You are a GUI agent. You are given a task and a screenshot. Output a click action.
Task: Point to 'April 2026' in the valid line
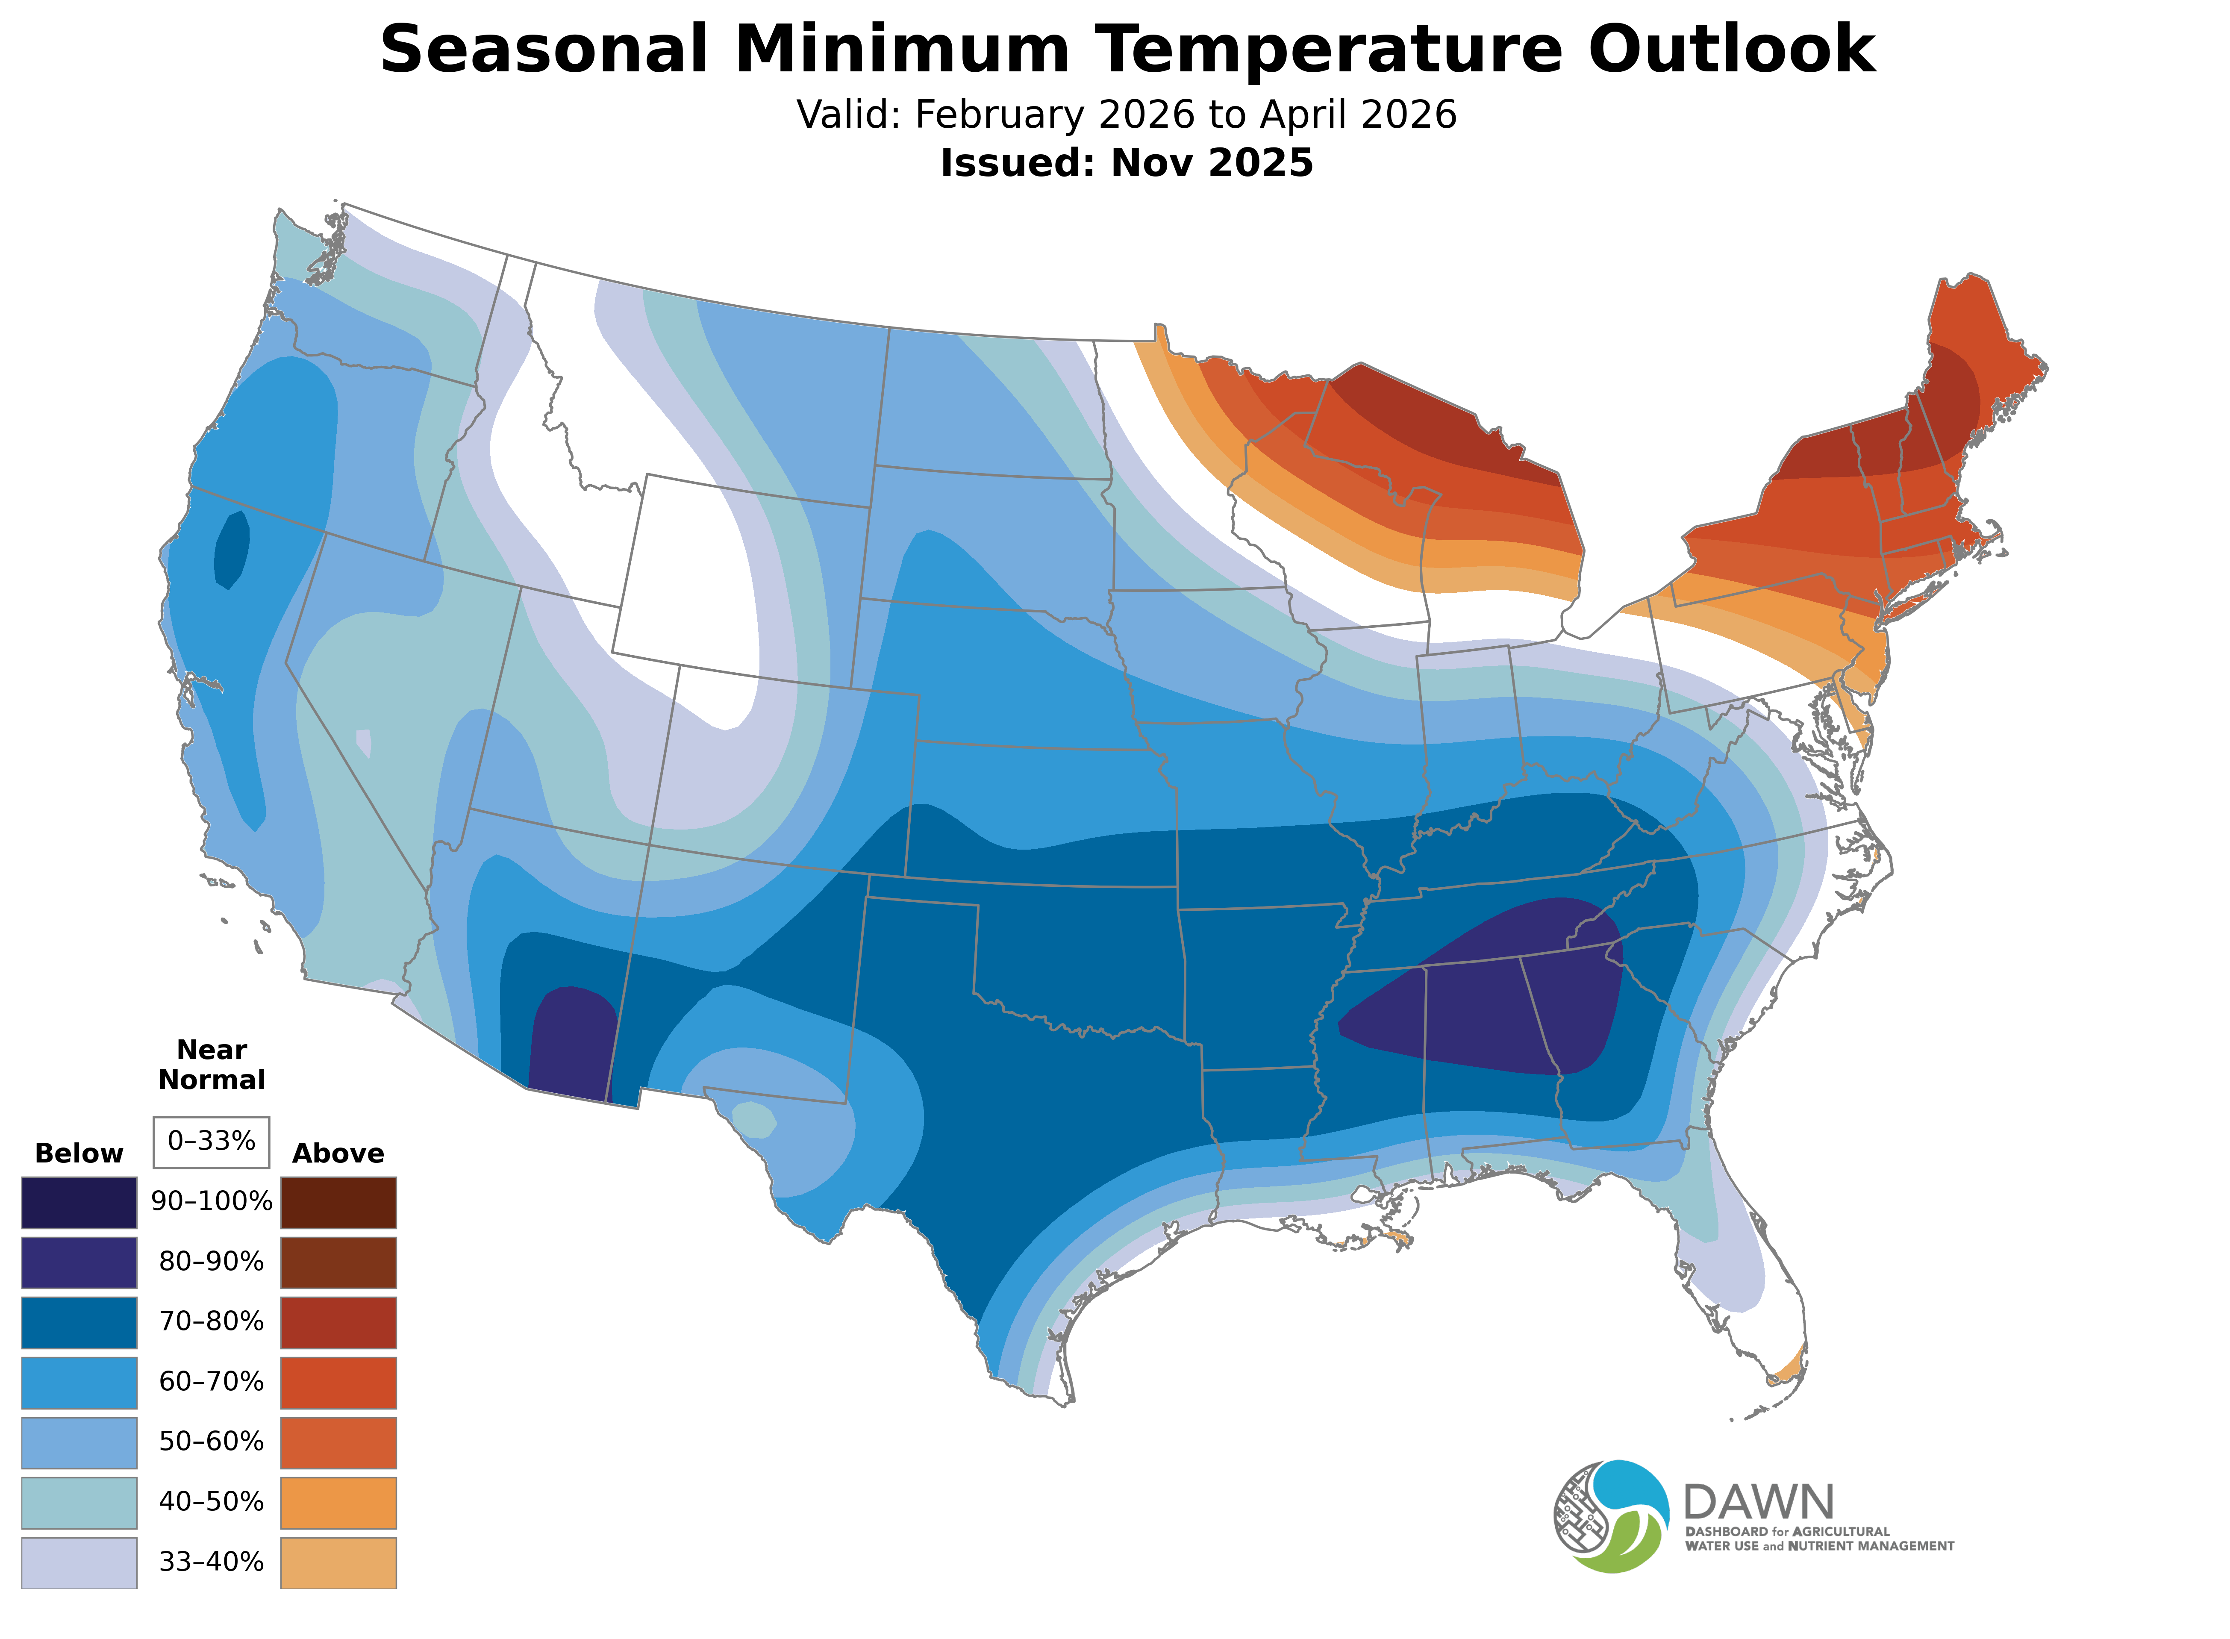[1358, 115]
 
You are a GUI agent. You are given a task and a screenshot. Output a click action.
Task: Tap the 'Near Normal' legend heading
[211, 1065]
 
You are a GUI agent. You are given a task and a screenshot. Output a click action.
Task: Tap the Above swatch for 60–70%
[338, 1382]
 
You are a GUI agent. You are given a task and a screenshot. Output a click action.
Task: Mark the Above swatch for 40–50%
[338, 1502]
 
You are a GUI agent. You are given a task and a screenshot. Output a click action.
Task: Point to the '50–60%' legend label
[211, 1442]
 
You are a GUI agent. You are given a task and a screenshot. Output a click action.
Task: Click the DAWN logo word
[1758, 1502]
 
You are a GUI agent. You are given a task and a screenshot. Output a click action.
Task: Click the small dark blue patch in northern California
[232, 550]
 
